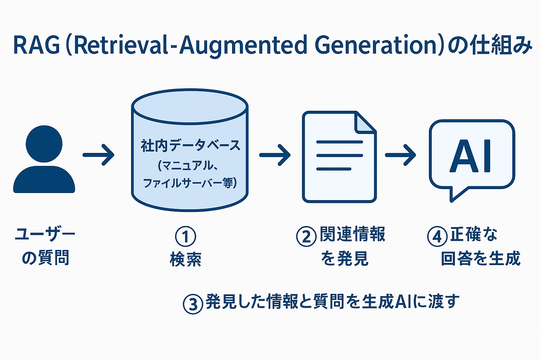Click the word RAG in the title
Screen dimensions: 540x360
point(37,45)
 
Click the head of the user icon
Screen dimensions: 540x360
point(44,144)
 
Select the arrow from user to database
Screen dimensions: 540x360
point(98,155)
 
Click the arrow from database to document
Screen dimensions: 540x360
point(275,155)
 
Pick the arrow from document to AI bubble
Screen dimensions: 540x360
point(400,155)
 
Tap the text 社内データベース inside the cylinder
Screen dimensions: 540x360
point(191,146)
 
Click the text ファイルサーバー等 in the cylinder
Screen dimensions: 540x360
point(188,183)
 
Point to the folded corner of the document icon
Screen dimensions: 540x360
point(365,123)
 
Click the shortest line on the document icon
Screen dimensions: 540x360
point(334,169)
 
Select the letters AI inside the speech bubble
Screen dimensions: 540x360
point(470,156)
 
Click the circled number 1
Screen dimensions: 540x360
point(185,237)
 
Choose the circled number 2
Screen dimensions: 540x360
point(307,237)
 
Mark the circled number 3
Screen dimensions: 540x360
point(193,304)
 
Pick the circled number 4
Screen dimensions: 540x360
point(437,237)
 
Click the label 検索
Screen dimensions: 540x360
point(186,259)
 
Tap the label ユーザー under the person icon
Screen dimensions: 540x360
point(45,234)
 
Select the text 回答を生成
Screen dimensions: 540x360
point(481,258)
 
